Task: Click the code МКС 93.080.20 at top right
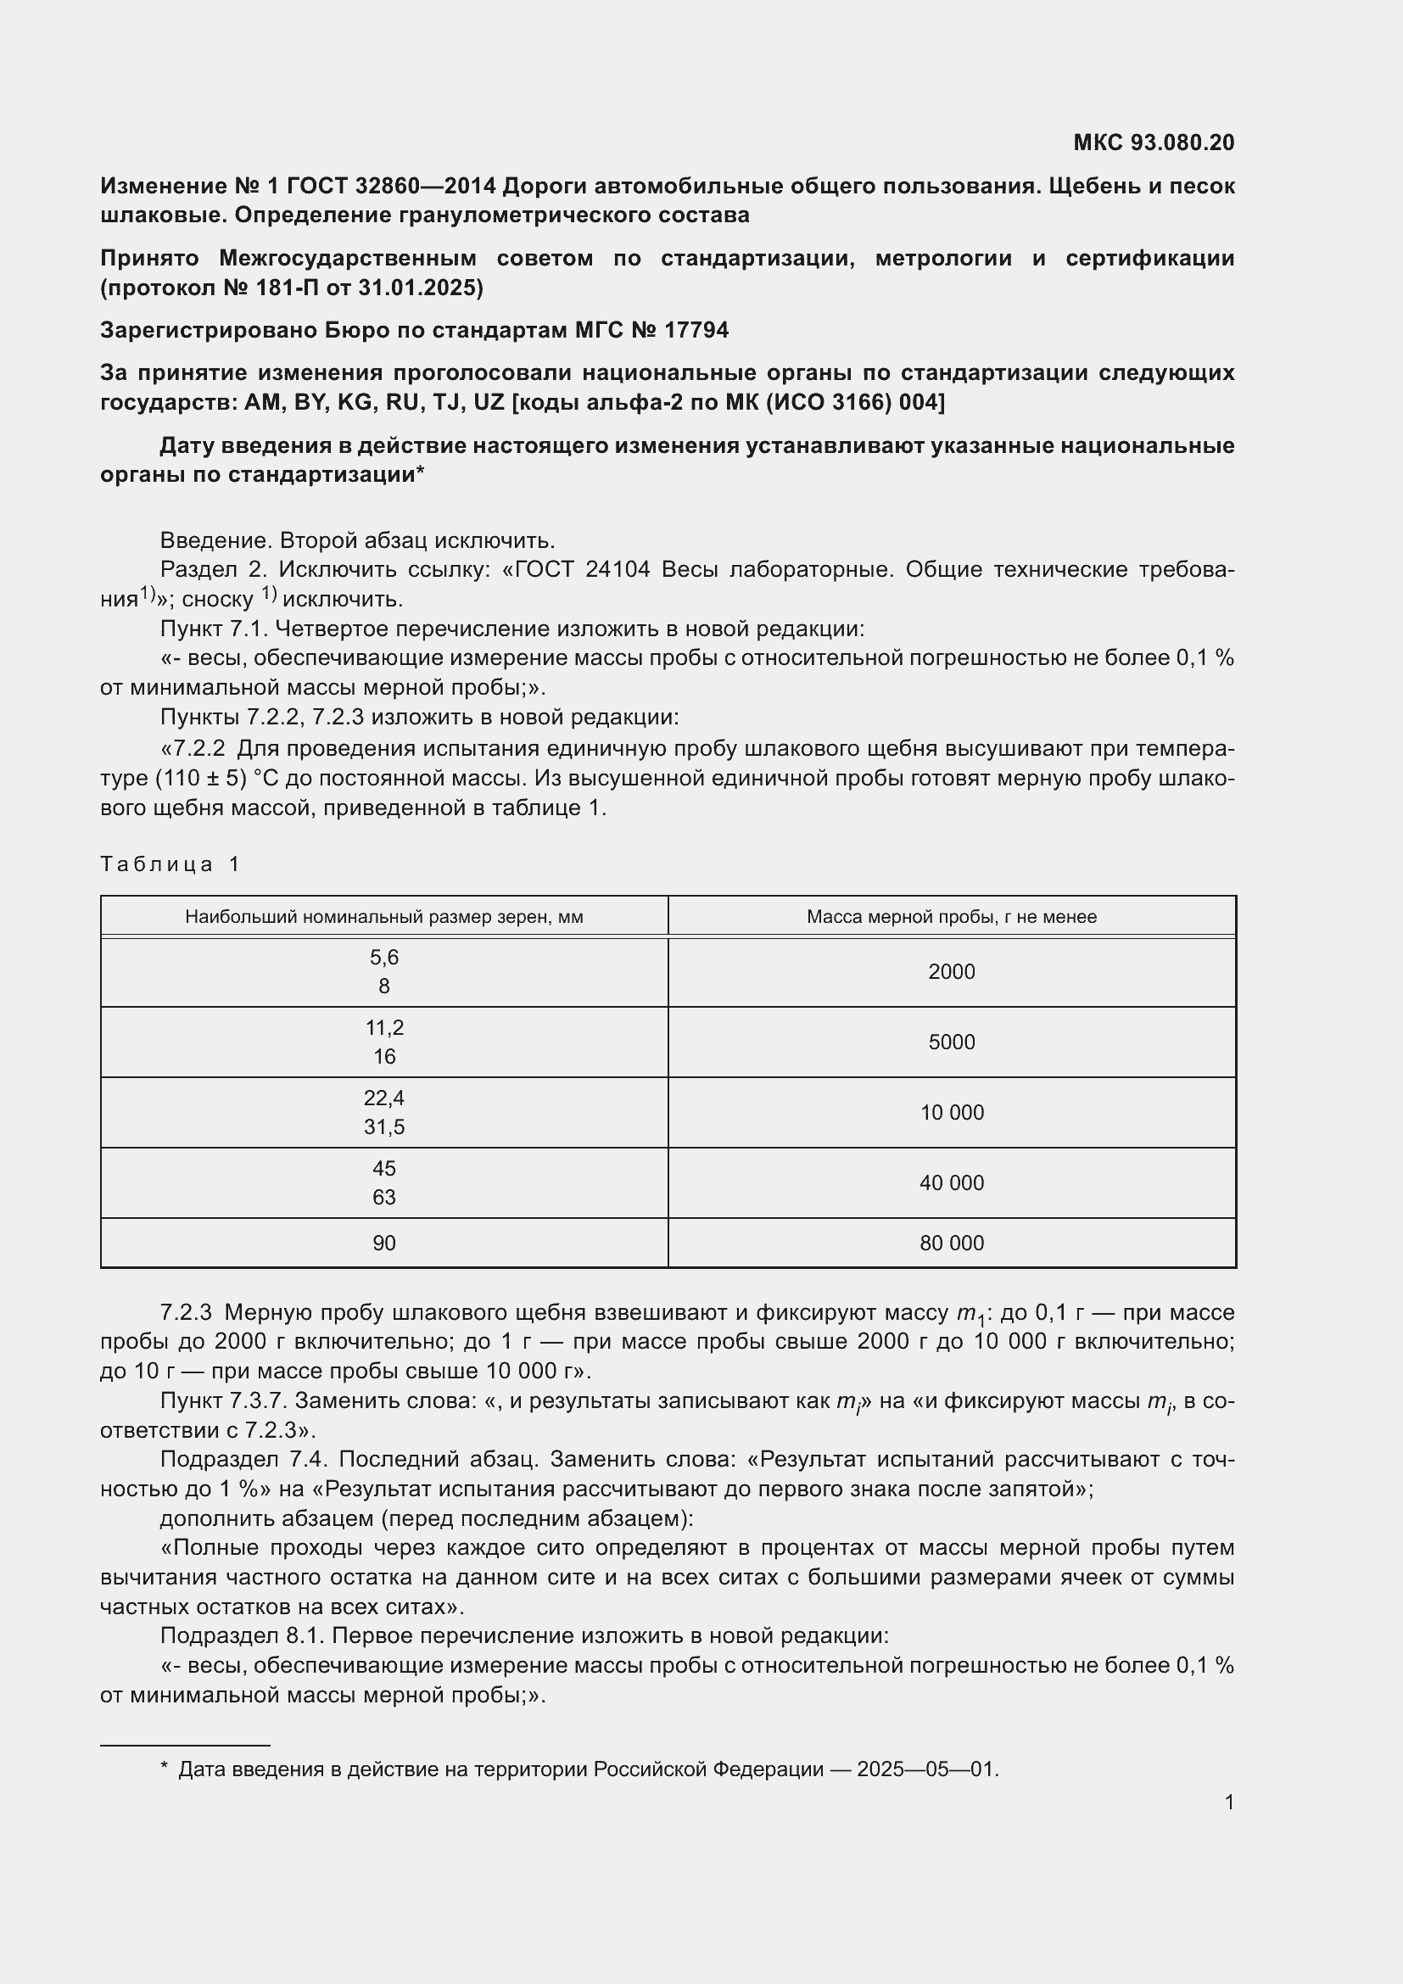[x=1154, y=143]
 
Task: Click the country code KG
[x=354, y=403]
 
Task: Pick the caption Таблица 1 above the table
[x=170, y=864]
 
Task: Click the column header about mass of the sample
[x=951, y=917]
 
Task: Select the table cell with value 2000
[x=951, y=972]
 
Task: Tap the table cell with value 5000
[x=951, y=1042]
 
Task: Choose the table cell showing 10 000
[x=951, y=1113]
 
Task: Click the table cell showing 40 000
[x=951, y=1183]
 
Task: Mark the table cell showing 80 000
[x=951, y=1243]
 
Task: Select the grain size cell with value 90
[x=383, y=1243]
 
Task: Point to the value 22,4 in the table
[x=383, y=1098]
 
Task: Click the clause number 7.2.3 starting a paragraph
[x=186, y=1312]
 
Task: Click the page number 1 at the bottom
[x=1228, y=1802]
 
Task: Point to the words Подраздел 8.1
[x=243, y=1635]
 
